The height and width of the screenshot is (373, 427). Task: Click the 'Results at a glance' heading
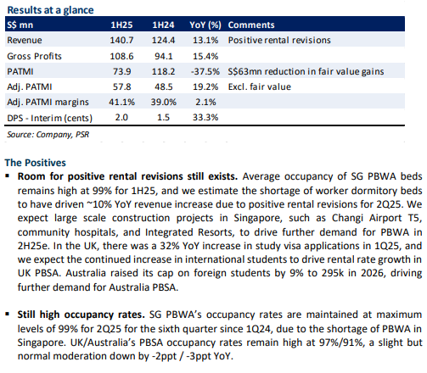click(x=50, y=10)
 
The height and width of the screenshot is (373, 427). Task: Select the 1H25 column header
click(x=121, y=25)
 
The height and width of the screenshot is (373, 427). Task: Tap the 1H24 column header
click(x=163, y=25)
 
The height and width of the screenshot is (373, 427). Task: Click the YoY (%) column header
click(x=205, y=25)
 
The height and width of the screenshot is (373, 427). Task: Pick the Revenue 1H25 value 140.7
click(x=121, y=40)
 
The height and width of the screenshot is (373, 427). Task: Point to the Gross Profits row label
click(x=34, y=56)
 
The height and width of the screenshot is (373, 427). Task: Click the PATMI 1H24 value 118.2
click(x=163, y=71)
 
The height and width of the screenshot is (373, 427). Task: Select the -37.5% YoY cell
click(x=205, y=71)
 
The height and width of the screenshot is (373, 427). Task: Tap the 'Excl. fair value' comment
click(x=260, y=86)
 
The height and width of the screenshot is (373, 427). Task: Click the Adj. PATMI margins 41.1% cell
click(x=121, y=102)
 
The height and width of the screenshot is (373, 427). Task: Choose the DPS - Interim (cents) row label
click(x=50, y=118)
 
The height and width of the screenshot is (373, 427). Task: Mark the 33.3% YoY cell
click(x=205, y=117)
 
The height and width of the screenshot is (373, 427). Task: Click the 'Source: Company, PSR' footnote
click(x=48, y=135)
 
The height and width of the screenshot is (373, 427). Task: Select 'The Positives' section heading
click(x=36, y=163)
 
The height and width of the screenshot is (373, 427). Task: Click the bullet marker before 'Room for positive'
click(x=8, y=176)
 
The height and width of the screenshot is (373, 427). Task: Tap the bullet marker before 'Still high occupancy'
click(x=8, y=314)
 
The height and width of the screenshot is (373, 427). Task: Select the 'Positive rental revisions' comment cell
click(x=279, y=40)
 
